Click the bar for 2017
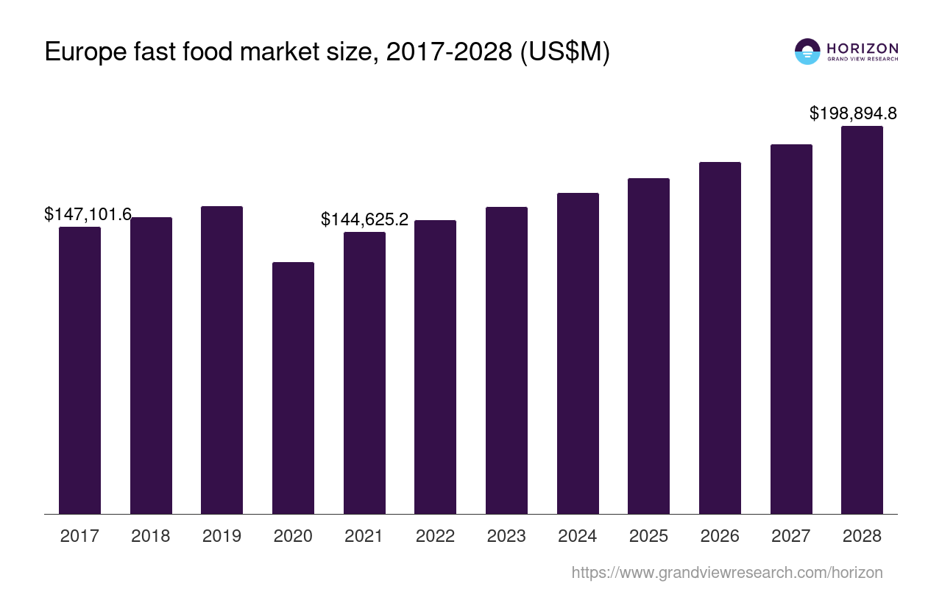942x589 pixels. (79, 370)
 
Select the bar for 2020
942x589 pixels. (293, 388)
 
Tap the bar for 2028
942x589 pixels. (862, 320)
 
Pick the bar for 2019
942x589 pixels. (222, 360)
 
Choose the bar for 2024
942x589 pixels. (578, 353)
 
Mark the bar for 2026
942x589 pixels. (720, 338)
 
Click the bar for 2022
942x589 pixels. (435, 367)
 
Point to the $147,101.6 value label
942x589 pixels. (88, 214)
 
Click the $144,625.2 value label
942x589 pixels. (365, 219)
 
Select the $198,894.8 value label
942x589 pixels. (853, 113)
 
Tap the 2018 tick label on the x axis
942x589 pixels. (150, 536)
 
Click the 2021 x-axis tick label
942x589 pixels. (364, 536)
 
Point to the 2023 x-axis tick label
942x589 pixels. (506, 536)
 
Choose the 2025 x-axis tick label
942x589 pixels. (648, 536)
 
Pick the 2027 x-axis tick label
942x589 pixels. (790, 536)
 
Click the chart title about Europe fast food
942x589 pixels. (327, 52)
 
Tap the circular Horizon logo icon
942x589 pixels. (807, 52)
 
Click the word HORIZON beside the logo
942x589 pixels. (863, 48)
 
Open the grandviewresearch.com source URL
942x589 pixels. (726, 572)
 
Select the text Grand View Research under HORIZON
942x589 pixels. (863, 60)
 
